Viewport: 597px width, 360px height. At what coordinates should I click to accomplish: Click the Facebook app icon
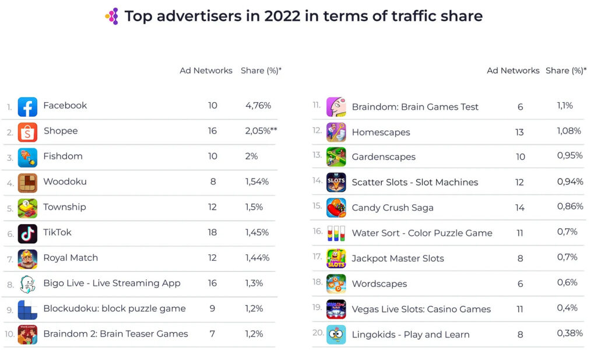pos(27,107)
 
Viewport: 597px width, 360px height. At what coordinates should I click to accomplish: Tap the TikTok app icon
pos(27,233)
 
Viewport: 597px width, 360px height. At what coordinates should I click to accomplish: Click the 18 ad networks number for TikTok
pos(212,232)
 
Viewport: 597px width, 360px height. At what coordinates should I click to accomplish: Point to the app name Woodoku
pos(65,181)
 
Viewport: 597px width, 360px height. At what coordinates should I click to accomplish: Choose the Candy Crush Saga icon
pos(336,208)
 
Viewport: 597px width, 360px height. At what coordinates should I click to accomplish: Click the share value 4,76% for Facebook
pos(258,106)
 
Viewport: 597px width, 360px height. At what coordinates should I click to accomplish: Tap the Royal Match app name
pos(71,257)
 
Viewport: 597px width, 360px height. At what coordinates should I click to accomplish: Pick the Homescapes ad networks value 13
pos(519,132)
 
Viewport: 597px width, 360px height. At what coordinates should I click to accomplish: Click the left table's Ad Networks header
pos(206,71)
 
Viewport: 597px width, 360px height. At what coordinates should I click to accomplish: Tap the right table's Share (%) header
pos(564,71)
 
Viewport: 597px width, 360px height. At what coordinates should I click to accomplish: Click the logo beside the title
pos(112,16)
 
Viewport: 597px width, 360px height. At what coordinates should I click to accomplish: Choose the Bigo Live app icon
pos(27,284)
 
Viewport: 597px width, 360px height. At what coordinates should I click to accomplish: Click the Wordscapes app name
pos(379,284)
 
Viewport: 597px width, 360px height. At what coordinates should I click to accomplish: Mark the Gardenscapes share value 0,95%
pos(570,156)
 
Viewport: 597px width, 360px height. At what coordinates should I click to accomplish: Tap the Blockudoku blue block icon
pos(27,309)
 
